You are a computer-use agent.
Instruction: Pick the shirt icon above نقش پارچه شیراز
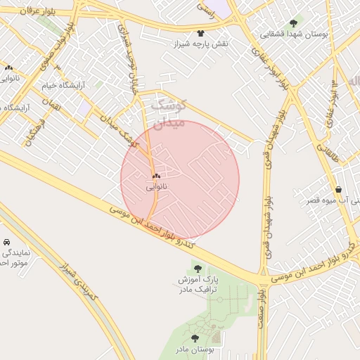click(x=201, y=33)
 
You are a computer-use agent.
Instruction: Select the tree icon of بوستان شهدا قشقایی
click(x=293, y=23)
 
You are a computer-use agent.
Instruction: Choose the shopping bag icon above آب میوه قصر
click(x=339, y=189)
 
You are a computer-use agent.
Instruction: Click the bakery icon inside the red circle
click(x=156, y=176)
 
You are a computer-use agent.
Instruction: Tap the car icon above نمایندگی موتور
click(x=6, y=241)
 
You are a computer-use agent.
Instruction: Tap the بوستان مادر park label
click(x=195, y=349)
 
